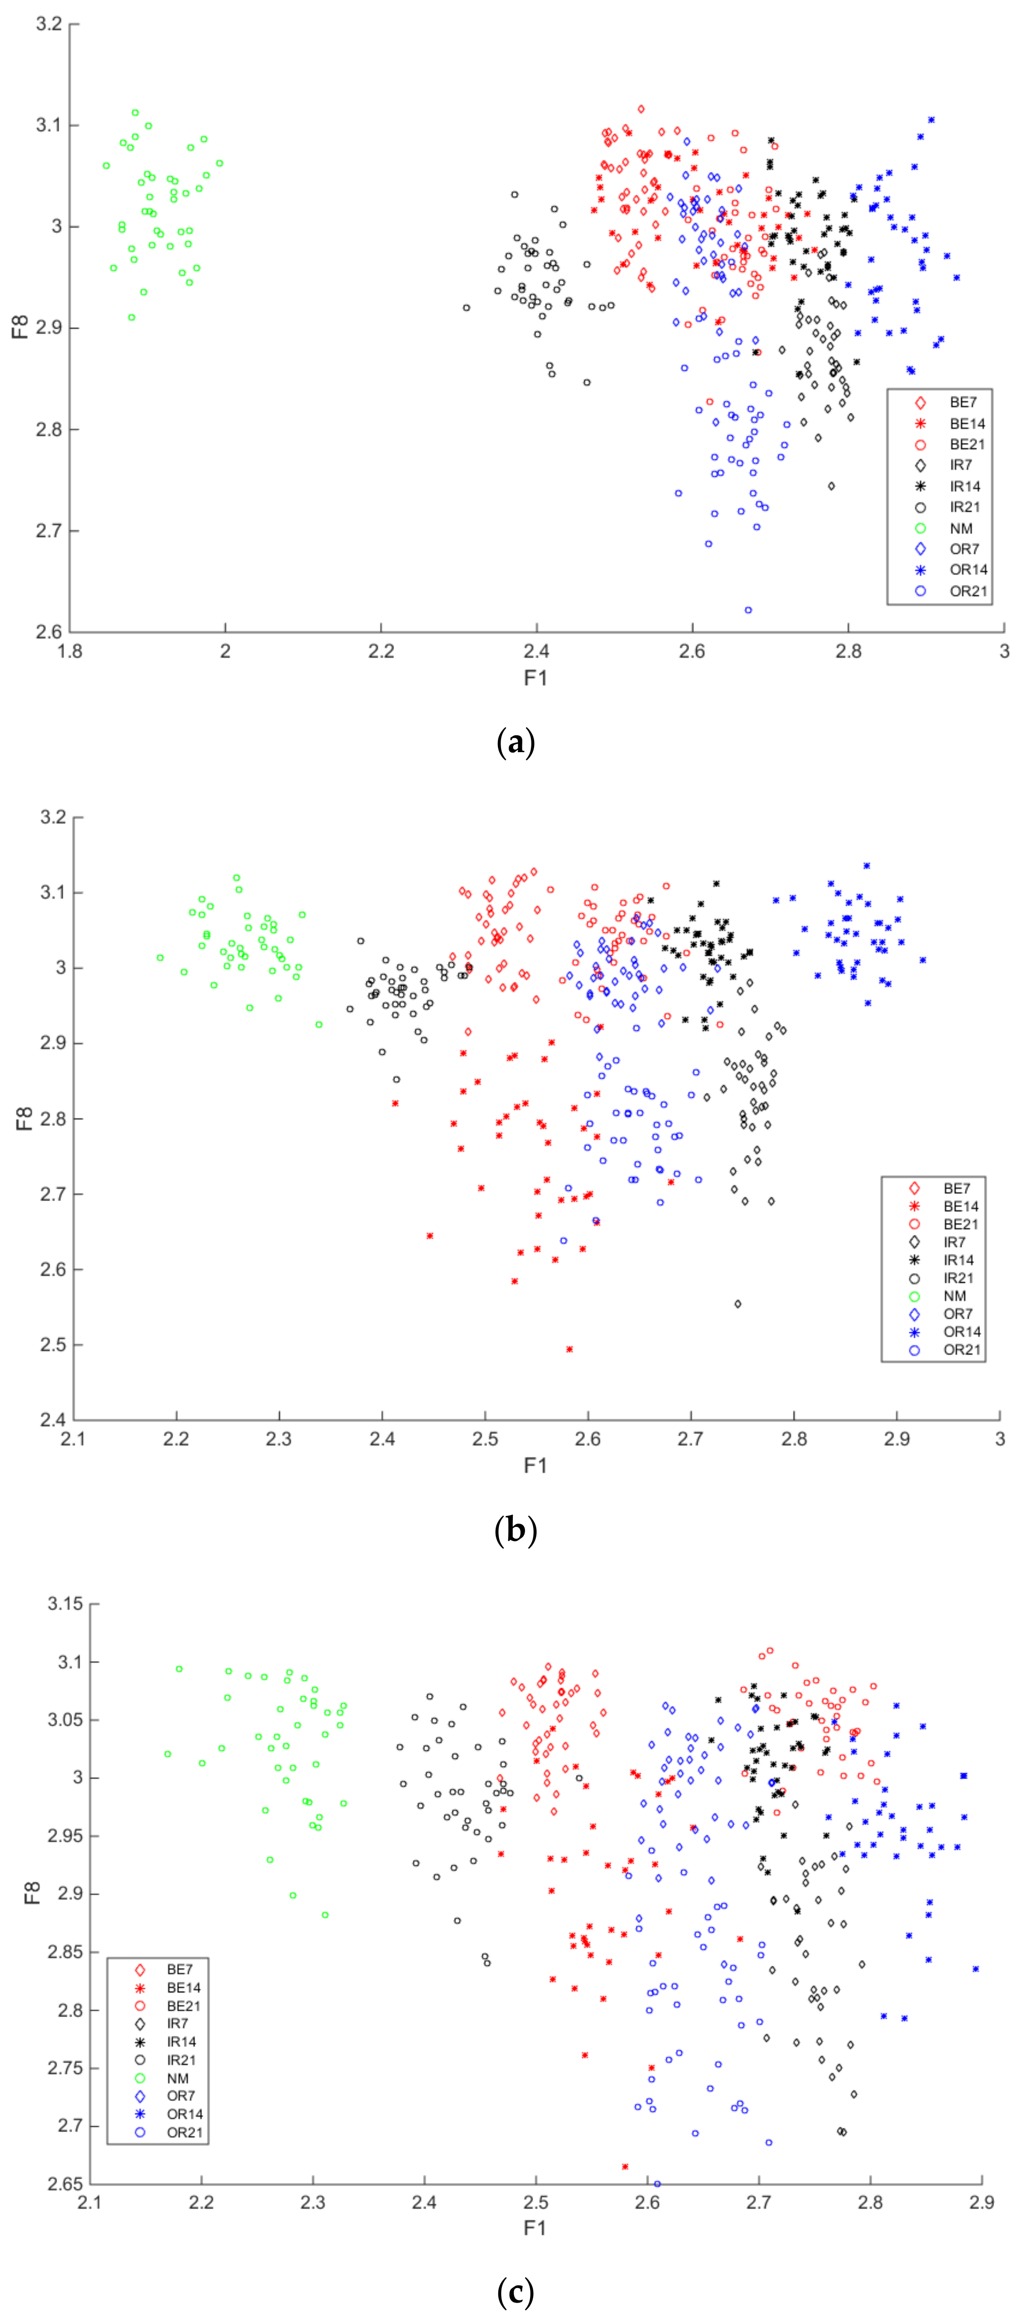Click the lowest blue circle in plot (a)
coord(747,610)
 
